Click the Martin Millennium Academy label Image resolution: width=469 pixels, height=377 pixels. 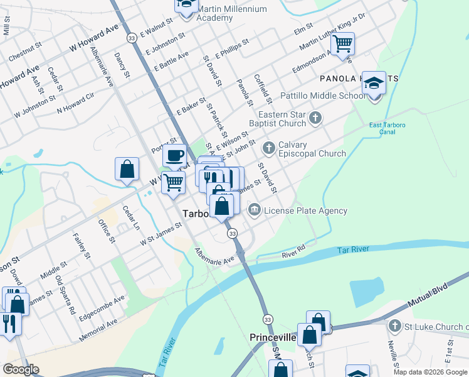pyautogui.click(x=231, y=13)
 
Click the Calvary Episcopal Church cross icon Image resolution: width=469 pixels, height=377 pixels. pyautogui.click(x=269, y=148)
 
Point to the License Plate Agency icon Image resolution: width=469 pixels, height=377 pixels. pyautogui.click(x=255, y=210)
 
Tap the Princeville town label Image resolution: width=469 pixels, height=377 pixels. pyautogui.click(x=272, y=337)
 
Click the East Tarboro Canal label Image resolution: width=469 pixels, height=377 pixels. pyautogui.click(x=387, y=129)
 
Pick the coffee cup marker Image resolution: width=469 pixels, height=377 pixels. pyautogui.click(x=174, y=155)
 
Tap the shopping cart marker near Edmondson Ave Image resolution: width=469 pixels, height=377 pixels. pyautogui.click(x=343, y=44)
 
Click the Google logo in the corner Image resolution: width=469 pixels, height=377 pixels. pyautogui.click(x=21, y=369)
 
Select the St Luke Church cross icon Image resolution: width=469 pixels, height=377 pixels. pyautogui.click(x=394, y=325)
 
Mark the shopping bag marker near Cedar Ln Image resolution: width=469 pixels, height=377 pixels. pyautogui.click(x=127, y=169)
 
